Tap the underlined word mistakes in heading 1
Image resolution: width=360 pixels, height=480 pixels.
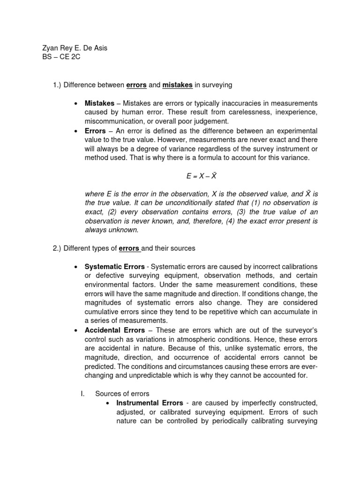[177, 85]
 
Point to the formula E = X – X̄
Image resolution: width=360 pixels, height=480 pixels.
[201, 176]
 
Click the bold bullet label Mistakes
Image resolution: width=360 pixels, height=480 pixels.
[99, 103]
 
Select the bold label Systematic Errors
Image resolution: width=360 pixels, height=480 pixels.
[114, 266]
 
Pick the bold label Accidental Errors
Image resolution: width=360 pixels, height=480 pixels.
[114, 330]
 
